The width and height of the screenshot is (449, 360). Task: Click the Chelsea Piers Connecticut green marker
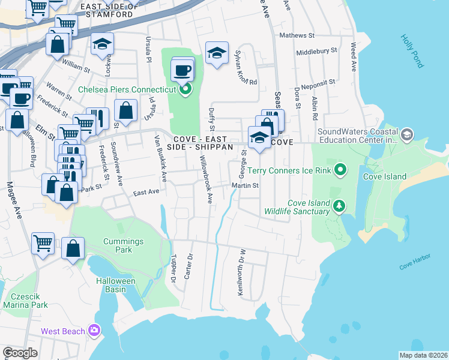pyautogui.click(x=185, y=90)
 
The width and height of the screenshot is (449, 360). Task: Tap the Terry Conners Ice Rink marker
pyautogui.click(x=340, y=170)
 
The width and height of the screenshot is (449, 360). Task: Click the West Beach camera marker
pyautogui.click(x=94, y=331)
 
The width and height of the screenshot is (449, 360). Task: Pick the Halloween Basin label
pyautogui.click(x=115, y=285)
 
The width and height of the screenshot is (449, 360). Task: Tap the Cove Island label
pyautogui.click(x=385, y=176)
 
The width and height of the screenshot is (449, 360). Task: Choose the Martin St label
pyautogui.click(x=246, y=185)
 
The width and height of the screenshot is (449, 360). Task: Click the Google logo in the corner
pyautogui.click(x=20, y=353)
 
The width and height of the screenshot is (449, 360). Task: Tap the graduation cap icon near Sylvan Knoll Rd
pyautogui.click(x=217, y=53)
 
